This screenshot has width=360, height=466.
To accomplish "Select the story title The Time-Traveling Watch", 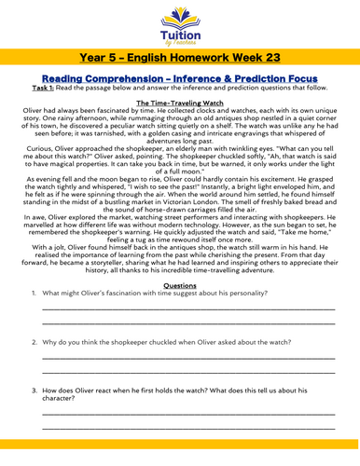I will (180, 116).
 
